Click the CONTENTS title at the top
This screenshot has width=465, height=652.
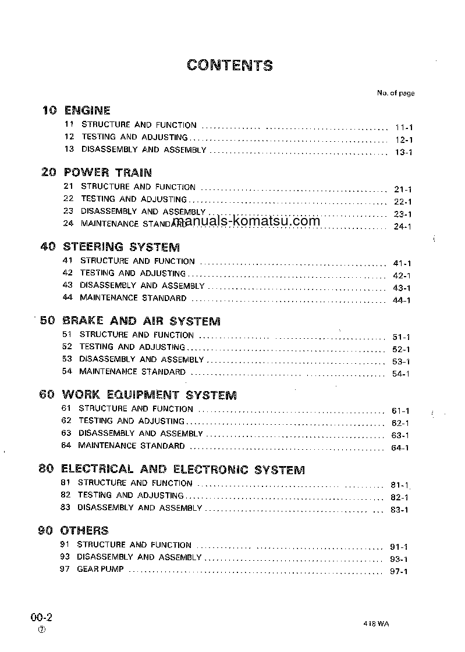pyautogui.click(x=230, y=65)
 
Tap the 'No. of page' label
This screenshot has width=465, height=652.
pyautogui.click(x=396, y=93)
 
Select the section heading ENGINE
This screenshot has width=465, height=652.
pyautogui.click(x=87, y=110)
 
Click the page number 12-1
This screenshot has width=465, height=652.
pyautogui.click(x=403, y=140)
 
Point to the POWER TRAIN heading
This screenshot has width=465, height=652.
pyautogui.click(x=108, y=172)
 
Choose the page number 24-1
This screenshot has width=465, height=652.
pyautogui.click(x=402, y=226)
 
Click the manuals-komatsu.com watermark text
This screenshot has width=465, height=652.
pyautogui.click(x=246, y=221)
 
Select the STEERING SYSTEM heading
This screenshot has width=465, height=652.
pyautogui.click(x=121, y=246)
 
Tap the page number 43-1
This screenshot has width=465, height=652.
pyautogui.click(x=402, y=288)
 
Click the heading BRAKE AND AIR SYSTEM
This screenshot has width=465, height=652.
pyautogui.click(x=141, y=321)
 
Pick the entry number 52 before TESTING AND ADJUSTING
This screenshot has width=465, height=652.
pyautogui.click(x=66, y=347)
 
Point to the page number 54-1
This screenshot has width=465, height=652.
pyautogui.click(x=401, y=374)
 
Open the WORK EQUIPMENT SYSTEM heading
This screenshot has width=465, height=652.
pyautogui.click(x=149, y=395)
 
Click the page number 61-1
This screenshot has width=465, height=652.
pyautogui.click(x=400, y=411)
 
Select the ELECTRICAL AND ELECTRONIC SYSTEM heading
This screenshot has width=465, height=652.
pyautogui.click(x=183, y=469)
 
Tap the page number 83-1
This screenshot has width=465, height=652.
pyautogui.click(x=399, y=510)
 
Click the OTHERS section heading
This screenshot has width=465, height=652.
pyautogui.click(x=84, y=530)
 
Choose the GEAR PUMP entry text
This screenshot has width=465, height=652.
pyautogui.click(x=100, y=569)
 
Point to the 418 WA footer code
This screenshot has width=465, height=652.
pyautogui.click(x=375, y=624)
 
